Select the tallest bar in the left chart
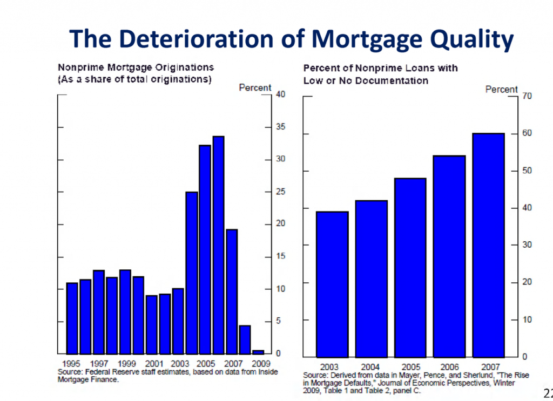pyautogui.click(x=218, y=245)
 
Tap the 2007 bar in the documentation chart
pyautogui.click(x=488, y=245)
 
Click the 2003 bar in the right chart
pyautogui.click(x=332, y=284)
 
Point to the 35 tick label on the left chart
pyautogui.click(x=280, y=126)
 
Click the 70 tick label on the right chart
pyautogui.click(x=527, y=96)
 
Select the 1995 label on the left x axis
pyautogui.click(x=71, y=363)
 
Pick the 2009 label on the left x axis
pyautogui.click(x=261, y=363)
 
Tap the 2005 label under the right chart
pyautogui.click(x=410, y=367)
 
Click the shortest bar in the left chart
pyautogui.click(x=258, y=352)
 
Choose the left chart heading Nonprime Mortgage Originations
pyautogui.click(x=136, y=67)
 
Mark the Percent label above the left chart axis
pyautogui.click(x=255, y=88)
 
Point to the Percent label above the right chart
pyautogui.click(x=501, y=90)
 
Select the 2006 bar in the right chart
pyautogui.click(x=449, y=256)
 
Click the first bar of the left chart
pyautogui.click(x=72, y=318)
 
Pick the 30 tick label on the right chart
pyautogui.click(x=527, y=244)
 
